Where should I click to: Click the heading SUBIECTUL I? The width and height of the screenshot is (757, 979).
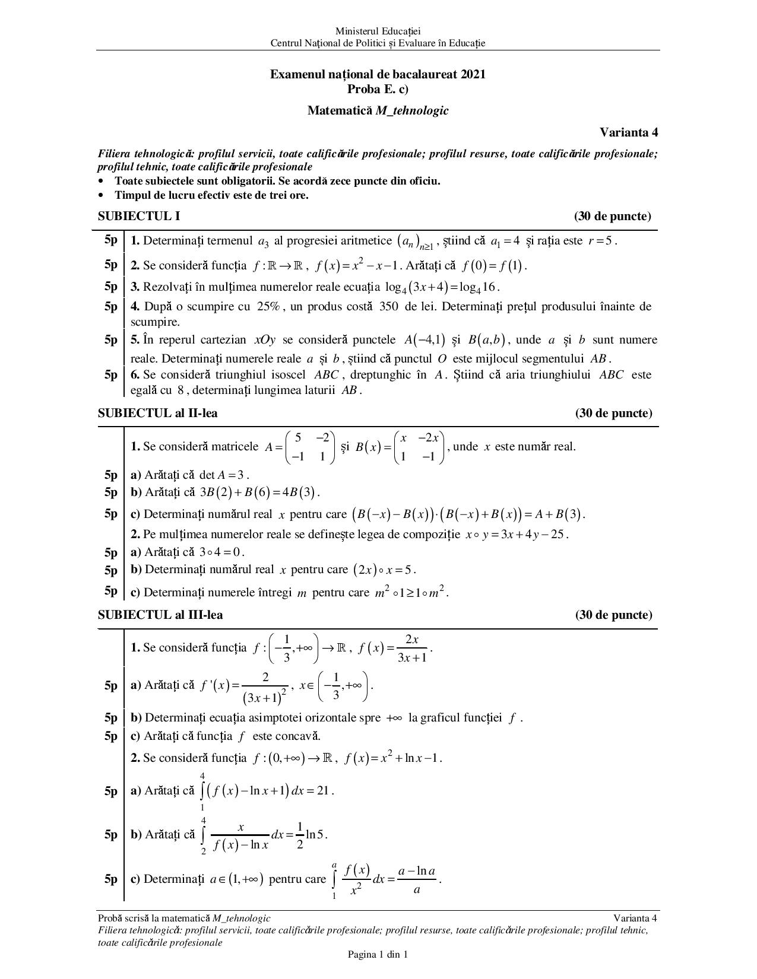click(x=138, y=216)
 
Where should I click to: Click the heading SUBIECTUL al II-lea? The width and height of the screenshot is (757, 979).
click(x=157, y=413)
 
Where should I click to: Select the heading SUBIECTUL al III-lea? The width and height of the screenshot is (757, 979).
click(x=160, y=615)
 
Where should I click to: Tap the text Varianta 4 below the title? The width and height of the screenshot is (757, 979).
click(x=628, y=132)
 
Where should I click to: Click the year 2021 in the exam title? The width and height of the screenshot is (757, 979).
click(x=473, y=74)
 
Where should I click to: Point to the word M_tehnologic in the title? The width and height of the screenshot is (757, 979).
click(x=411, y=110)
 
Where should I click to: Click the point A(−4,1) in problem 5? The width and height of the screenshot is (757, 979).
click(x=424, y=340)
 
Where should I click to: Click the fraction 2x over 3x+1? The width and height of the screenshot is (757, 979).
click(x=411, y=648)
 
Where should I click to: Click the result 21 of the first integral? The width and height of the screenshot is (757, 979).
click(x=322, y=790)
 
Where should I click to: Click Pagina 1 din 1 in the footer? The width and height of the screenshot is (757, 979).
click(x=378, y=955)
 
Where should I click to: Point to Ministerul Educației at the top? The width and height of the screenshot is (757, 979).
click(x=378, y=31)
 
